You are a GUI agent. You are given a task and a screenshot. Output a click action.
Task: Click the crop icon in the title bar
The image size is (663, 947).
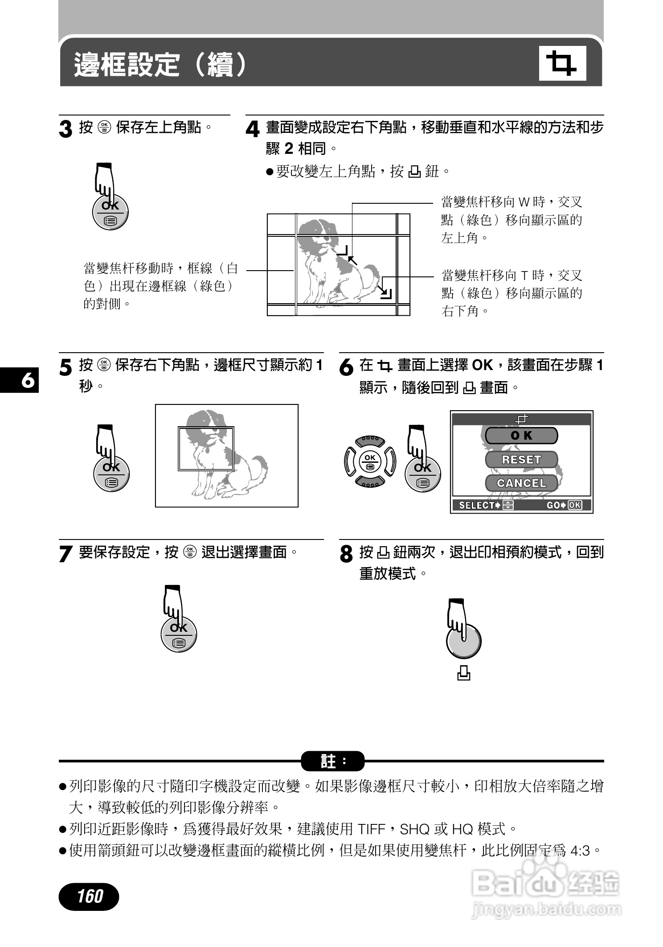coord(562,63)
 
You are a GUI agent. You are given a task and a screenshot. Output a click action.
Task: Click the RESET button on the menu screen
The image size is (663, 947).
coord(521,459)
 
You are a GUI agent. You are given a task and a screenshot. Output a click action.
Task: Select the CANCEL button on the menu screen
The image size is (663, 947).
coord(521,483)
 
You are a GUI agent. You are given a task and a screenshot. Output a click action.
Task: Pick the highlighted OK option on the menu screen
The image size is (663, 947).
coord(521,436)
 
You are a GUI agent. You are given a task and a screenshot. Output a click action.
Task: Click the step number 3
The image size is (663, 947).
coord(65,130)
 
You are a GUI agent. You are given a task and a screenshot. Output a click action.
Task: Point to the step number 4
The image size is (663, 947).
coord(252,130)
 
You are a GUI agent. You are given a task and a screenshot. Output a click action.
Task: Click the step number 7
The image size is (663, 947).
coord(65,554)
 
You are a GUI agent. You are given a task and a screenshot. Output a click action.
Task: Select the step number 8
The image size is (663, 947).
coord(346,554)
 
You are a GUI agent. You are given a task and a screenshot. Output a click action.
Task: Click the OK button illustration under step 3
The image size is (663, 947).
coord(110,213)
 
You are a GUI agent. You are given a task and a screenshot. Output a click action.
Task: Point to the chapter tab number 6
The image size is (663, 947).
coord(28,380)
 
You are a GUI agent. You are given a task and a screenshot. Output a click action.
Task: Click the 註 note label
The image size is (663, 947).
coord(332,761)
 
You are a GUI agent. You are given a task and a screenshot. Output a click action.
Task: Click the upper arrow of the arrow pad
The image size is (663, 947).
coord(370,440)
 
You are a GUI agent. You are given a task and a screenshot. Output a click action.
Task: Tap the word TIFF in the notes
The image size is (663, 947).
coord(371,829)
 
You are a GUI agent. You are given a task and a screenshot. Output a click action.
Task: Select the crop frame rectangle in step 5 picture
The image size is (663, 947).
coord(206,449)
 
